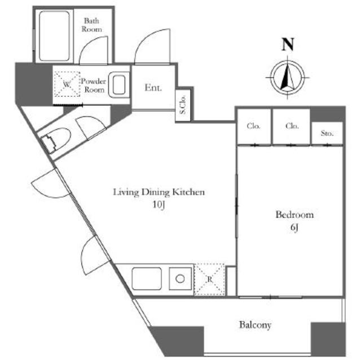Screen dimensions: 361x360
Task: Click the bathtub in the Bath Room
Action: pyautogui.click(x=54, y=36)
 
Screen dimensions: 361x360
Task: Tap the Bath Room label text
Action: pyautogui.click(x=91, y=25)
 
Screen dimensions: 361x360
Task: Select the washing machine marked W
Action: pyautogui.click(x=67, y=84)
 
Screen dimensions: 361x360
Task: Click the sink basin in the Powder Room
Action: pyautogui.click(x=119, y=85)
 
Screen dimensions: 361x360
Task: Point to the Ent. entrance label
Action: pyautogui.click(x=153, y=87)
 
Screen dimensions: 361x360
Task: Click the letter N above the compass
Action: pyautogui.click(x=288, y=45)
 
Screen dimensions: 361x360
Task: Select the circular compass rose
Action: pyautogui.click(x=287, y=78)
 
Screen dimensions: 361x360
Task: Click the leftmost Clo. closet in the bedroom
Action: pyautogui.click(x=254, y=127)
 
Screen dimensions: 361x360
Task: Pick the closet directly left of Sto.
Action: pyautogui.click(x=292, y=127)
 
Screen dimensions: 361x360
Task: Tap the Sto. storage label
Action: pyautogui.click(x=327, y=133)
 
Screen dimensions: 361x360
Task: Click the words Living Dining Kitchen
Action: pyautogui.click(x=159, y=192)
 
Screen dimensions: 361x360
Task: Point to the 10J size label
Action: pyautogui.click(x=159, y=205)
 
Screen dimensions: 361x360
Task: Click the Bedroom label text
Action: pyautogui.click(x=294, y=215)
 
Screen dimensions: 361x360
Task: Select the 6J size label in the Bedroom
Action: pyautogui.click(x=294, y=227)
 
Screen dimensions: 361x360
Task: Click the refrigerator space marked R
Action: pyautogui.click(x=209, y=279)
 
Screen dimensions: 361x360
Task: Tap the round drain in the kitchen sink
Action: pyautogui.click(x=180, y=279)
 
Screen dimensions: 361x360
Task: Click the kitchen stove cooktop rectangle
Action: pyautogui.click(x=147, y=279)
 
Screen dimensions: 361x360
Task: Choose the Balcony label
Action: pyautogui.click(x=255, y=325)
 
